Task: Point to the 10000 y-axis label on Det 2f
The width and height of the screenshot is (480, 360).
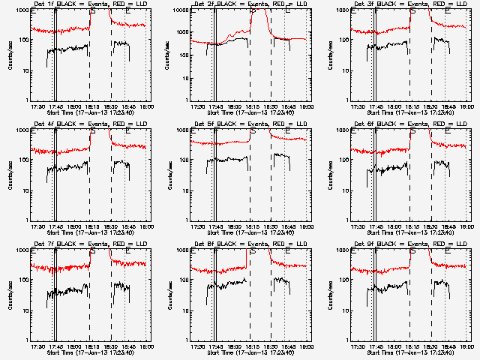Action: [x=181, y=11]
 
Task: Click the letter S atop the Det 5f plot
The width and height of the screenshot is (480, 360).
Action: [x=252, y=131]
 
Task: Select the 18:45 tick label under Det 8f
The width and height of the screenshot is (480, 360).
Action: [x=288, y=346]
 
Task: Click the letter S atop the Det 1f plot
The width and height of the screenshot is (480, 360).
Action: [x=92, y=11]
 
